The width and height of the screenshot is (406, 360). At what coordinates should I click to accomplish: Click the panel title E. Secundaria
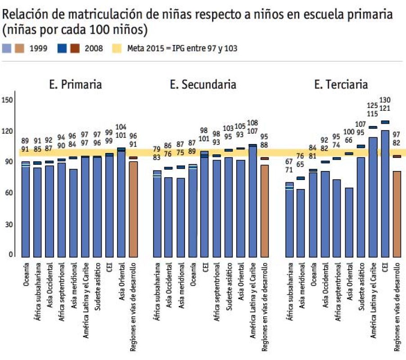coord(203,84)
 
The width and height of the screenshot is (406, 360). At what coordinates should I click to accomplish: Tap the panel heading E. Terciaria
coord(341,84)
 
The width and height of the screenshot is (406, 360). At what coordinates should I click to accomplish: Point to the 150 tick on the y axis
coord(8,99)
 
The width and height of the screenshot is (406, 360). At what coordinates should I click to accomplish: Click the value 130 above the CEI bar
coord(385,100)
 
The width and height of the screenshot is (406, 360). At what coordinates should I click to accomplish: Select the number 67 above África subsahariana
coord(290,162)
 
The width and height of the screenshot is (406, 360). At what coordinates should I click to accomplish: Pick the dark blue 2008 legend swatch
coord(63,48)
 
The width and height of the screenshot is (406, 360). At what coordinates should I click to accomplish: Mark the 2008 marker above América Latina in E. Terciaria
coord(373,127)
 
